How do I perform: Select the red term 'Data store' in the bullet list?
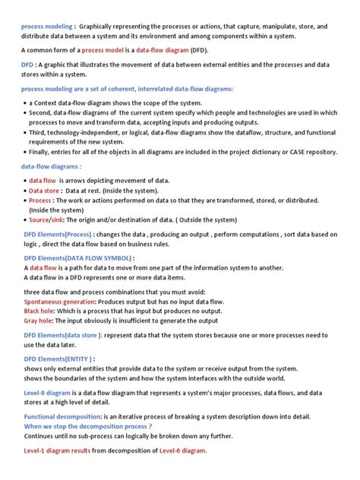[46, 191]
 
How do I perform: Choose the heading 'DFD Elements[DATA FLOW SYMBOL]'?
[83, 258]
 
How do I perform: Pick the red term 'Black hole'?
[38, 311]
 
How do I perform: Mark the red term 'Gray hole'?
[38, 321]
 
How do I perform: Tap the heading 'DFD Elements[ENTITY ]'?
[58, 358]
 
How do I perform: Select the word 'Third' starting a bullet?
[40, 132]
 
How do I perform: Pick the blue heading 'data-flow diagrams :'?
[51, 166]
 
